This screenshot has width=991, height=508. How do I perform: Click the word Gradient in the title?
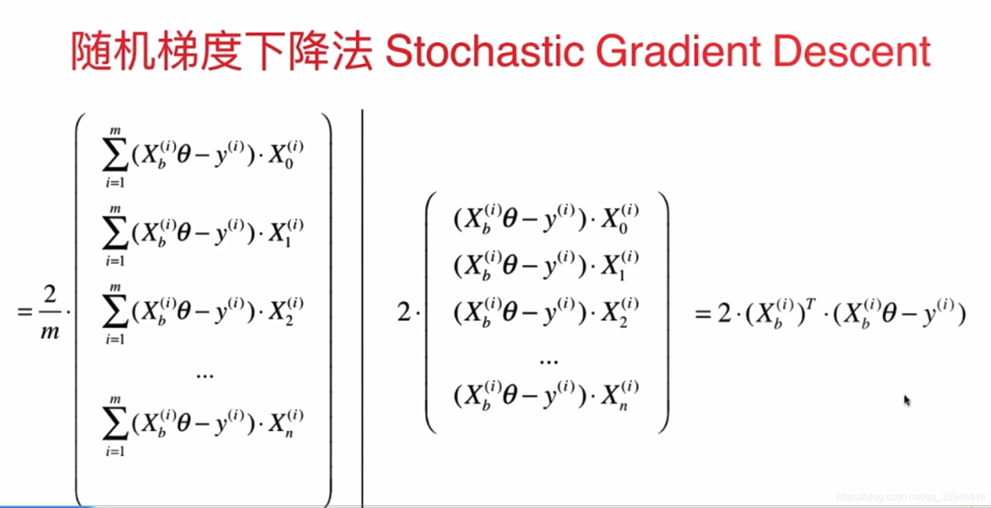click(x=678, y=51)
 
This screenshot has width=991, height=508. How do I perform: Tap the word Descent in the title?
click(x=851, y=51)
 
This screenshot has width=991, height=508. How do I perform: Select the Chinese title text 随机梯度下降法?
click(x=221, y=51)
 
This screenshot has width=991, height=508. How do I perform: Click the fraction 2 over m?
click(x=49, y=312)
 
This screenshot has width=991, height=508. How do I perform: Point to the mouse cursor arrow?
click(x=907, y=400)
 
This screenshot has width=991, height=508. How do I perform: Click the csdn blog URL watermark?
click(x=910, y=497)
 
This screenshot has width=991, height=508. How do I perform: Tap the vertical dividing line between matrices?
click(x=363, y=305)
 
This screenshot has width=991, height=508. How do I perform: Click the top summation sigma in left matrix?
click(x=115, y=156)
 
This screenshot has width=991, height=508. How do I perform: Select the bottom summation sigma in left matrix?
click(x=115, y=424)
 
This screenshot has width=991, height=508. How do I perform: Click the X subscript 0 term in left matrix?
click(x=285, y=154)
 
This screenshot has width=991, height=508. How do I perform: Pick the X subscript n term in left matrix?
click(x=285, y=423)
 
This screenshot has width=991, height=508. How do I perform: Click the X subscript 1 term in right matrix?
click(x=619, y=264)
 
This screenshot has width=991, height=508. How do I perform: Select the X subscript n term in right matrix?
click(x=619, y=395)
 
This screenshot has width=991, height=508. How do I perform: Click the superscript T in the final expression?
click(x=810, y=303)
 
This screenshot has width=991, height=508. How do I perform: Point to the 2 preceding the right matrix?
click(x=404, y=313)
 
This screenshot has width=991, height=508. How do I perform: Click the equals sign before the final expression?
click(x=702, y=314)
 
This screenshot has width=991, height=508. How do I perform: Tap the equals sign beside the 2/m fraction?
click(x=24, y=312)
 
